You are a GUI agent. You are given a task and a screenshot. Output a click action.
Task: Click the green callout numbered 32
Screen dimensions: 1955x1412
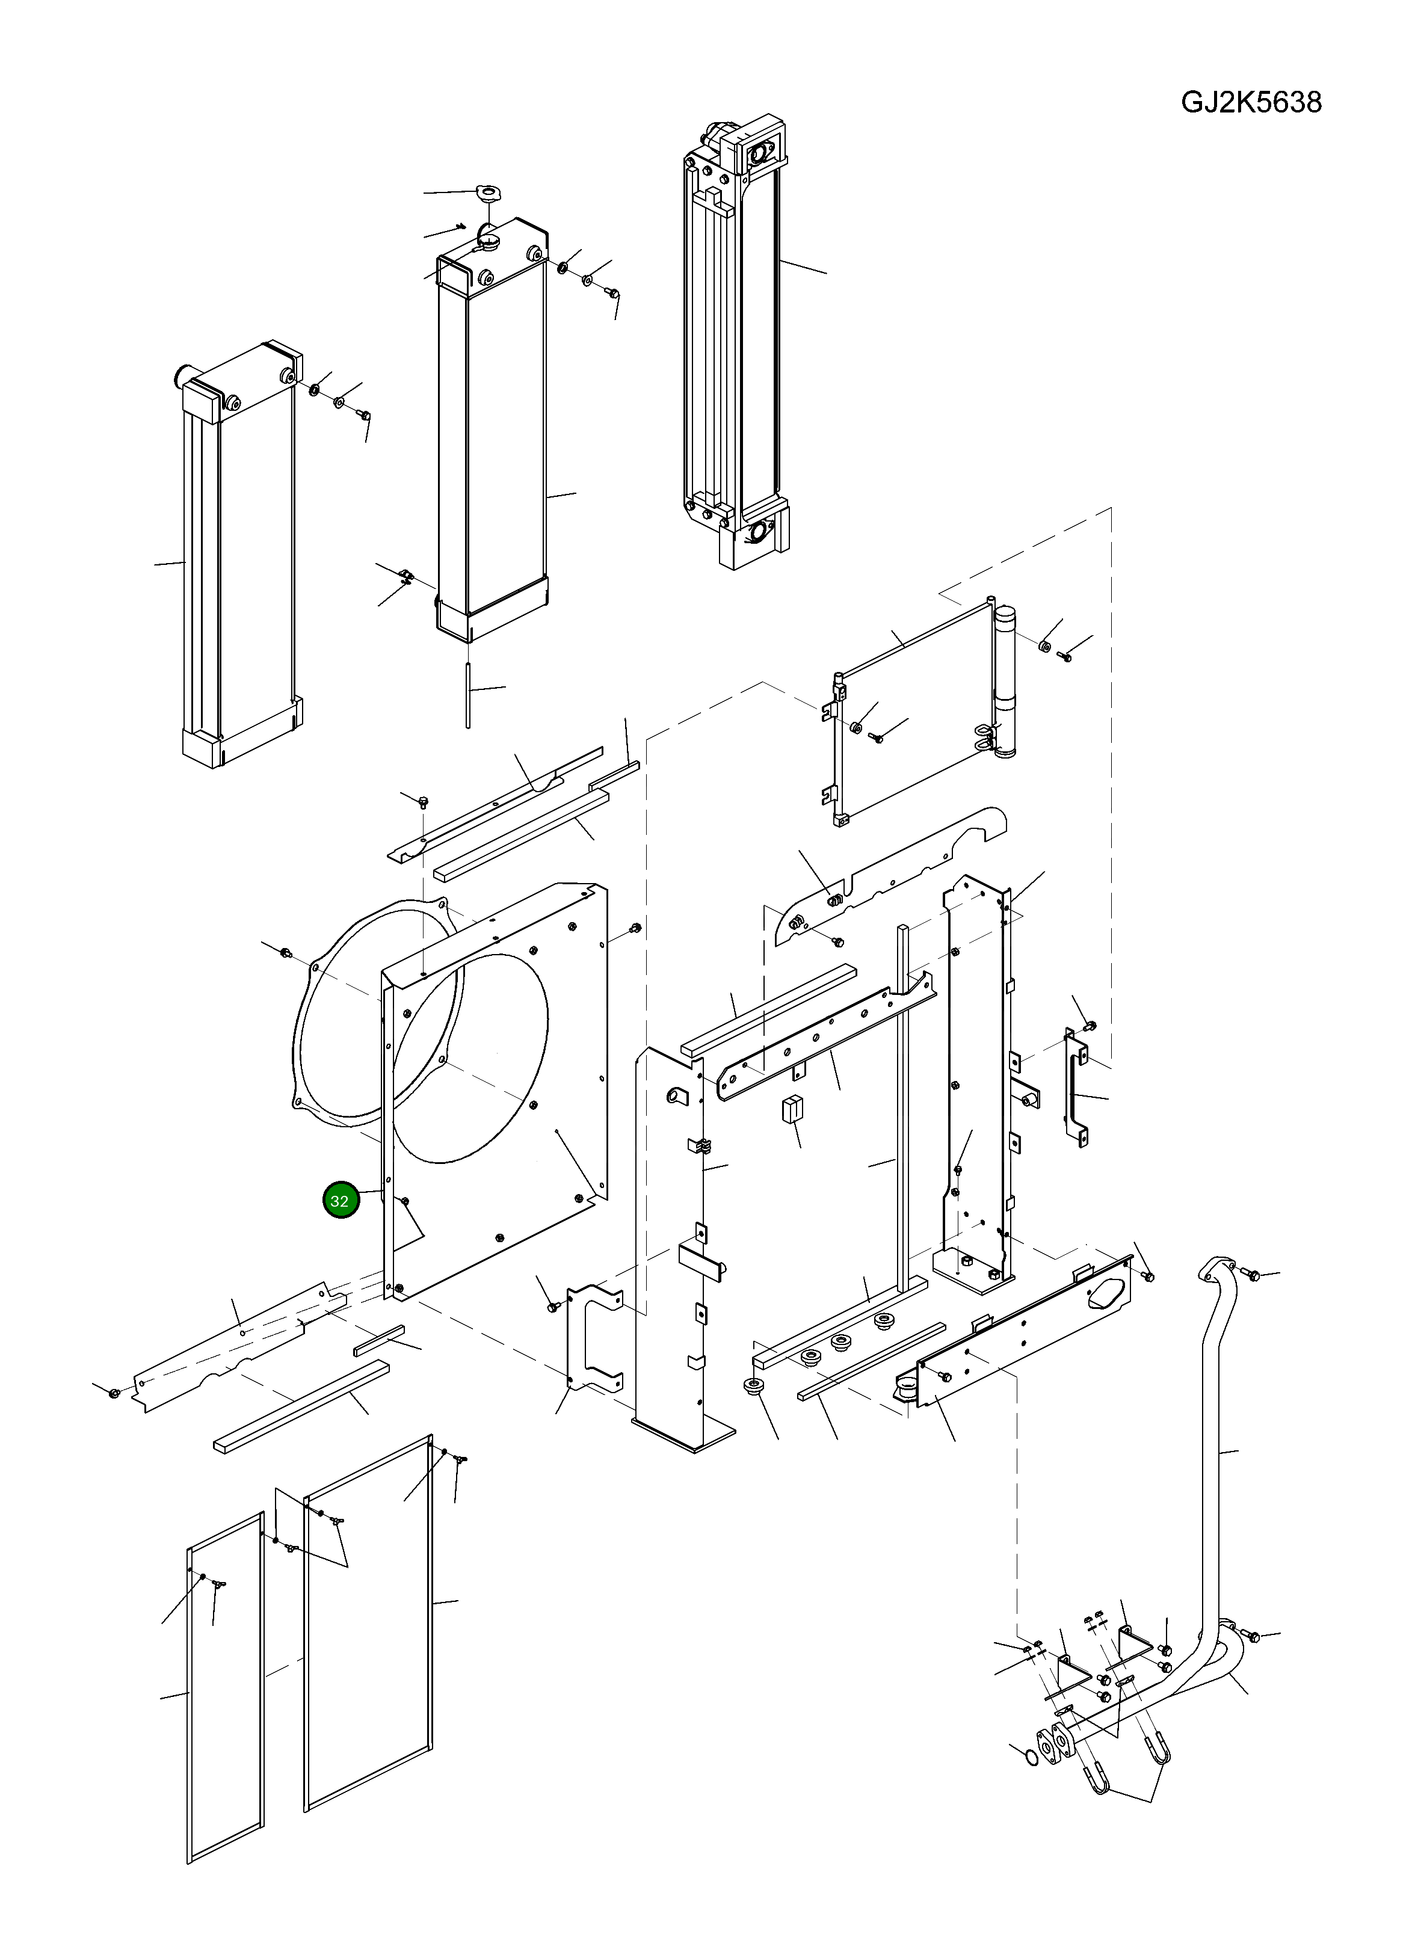click(x=340, y=1201)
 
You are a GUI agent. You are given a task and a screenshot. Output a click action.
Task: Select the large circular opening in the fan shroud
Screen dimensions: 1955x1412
click(x=470, y=1055)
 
